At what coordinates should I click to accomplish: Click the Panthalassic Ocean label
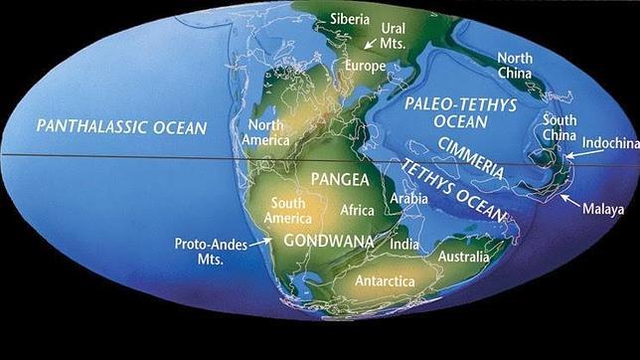click(x=121, y=127)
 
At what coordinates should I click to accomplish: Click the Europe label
click(x=365, y=67)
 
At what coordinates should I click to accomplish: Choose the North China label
click(x=515, y=66)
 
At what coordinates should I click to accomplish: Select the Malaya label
click(x=604, y=210)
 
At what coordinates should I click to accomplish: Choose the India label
click(x=404, y=245)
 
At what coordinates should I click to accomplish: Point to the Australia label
click(x=464, y=259)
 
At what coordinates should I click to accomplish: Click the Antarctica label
click(x=387, y=281)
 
